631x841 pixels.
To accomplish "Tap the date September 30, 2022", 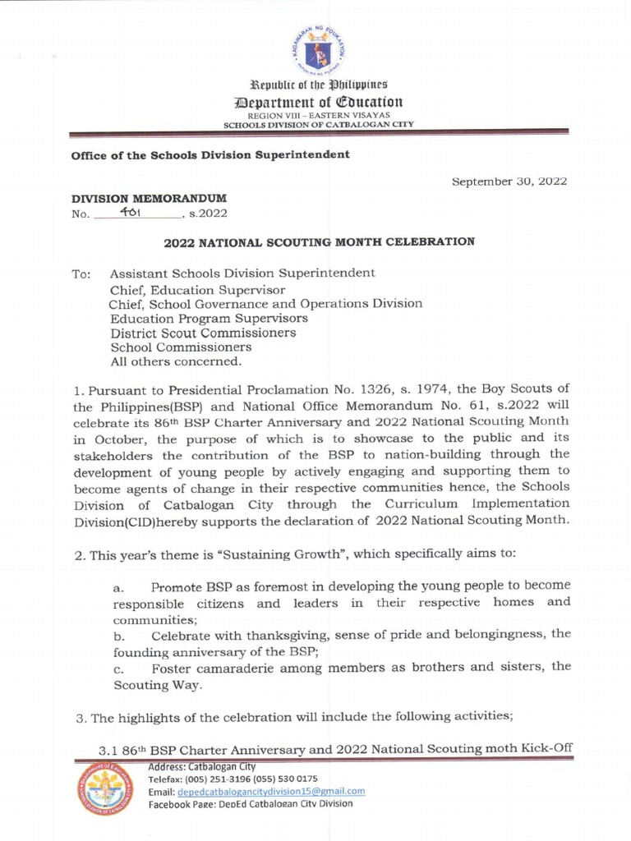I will coord(509,182).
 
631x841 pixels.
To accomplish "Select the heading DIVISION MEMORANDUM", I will coord(149,199).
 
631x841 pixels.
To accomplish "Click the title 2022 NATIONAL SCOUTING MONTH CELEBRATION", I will coord(320,242).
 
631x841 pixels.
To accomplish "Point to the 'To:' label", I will coord(81,273).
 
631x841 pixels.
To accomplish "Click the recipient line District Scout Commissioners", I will coord(203,333).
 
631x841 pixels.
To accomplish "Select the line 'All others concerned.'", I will coord(176,361).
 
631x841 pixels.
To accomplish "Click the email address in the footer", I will coord(271,791).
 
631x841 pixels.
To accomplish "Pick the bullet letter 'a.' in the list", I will coord(119,587).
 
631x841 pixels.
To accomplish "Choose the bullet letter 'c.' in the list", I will coord(119,668).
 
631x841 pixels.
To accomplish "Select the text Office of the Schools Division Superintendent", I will coord(210,154).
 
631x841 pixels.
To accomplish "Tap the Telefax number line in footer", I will coord(233,779).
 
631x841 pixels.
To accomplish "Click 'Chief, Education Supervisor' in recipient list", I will coord(198,289).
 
